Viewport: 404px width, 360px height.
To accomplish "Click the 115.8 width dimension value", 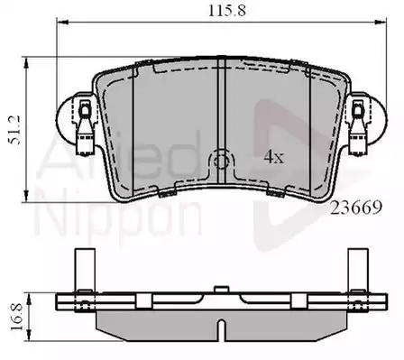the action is click(227, 11).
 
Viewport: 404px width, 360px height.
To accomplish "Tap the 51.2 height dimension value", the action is click(15, 130).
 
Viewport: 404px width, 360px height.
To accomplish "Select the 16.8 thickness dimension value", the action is click(17, 317).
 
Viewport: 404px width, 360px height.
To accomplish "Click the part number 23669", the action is click(356, 208).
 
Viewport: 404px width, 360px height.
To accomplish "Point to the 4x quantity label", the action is click(274, 157).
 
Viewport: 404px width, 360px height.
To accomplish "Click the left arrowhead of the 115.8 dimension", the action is click(63, 22).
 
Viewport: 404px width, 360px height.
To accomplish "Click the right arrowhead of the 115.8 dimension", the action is click(380, 22).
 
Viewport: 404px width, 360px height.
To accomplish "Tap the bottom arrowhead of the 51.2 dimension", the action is click(26, 196).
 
